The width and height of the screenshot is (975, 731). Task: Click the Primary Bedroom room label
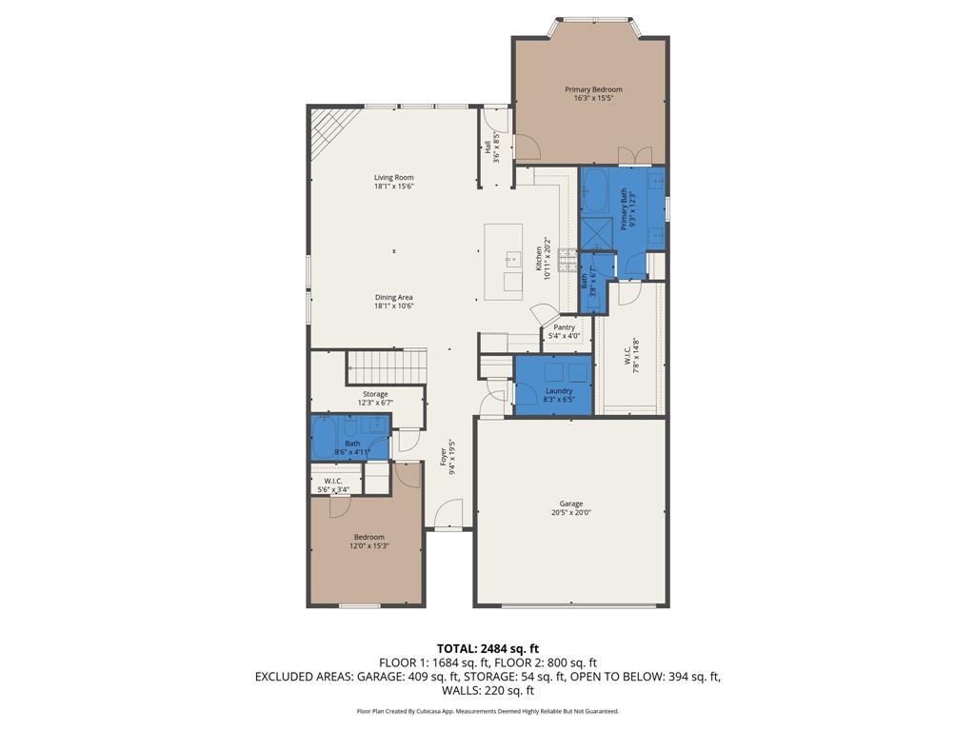coord(592,89)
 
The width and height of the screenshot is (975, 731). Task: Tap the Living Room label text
coord(393,178)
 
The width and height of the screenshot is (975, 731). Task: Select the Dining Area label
coord(393,298)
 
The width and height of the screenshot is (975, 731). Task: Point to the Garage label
coord(570,504)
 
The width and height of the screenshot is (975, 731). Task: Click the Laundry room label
coord(559,391)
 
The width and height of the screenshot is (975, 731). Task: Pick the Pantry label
coord(565,327)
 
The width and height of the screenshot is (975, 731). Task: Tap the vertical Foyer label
coord(444,456)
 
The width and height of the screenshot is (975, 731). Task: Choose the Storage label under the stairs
coord(375,394)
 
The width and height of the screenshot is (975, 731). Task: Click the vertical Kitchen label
coord(539,257)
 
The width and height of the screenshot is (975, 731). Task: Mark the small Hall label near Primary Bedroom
coord(488,148)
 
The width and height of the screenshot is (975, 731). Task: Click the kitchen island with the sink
coord(504,262)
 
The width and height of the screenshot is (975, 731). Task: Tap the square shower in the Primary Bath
coord(597,231)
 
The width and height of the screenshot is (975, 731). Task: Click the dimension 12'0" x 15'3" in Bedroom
coord(369,546)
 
